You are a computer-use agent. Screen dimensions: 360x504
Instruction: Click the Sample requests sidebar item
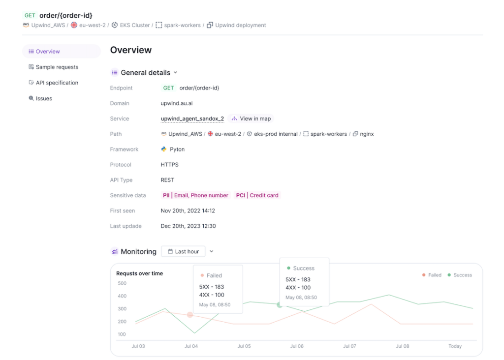(x=57, y=67)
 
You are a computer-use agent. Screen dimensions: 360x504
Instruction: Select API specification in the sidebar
(x=57, y=83)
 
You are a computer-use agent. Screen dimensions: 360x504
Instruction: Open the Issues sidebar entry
(x=43, y=98)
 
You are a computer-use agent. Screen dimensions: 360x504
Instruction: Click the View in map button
(x=251, y=119)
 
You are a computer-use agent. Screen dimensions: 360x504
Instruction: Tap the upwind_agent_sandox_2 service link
(x=192, y=119)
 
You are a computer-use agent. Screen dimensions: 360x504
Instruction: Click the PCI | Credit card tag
(x=257, y=195)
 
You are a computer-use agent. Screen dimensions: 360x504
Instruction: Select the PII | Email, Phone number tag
(x=195, y=195)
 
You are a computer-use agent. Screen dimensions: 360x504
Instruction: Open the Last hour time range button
(x=183, y=251)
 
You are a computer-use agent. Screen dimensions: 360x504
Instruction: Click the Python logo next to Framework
(x=164, y=149)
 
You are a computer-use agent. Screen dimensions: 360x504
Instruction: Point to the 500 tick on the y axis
(x=122, y=283)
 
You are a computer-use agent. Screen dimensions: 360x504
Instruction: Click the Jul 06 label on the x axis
(x=297, y=346)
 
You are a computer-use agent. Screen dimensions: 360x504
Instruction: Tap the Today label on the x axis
(x=455, y=346)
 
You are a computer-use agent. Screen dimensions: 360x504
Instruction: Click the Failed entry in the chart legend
(x=432, y=275)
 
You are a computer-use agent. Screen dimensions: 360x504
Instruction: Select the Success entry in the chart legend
(x=460, y=275)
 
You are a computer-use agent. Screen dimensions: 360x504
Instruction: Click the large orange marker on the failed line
(x=190, y=315)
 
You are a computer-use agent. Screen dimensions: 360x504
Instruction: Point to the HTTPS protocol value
(x=170, y=165)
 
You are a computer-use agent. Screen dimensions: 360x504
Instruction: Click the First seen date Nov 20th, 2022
(x=188, y=210)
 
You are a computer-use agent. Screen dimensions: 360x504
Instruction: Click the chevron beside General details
(x=176, y=72)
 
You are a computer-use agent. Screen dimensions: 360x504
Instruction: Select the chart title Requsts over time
(x=139, y=273)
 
